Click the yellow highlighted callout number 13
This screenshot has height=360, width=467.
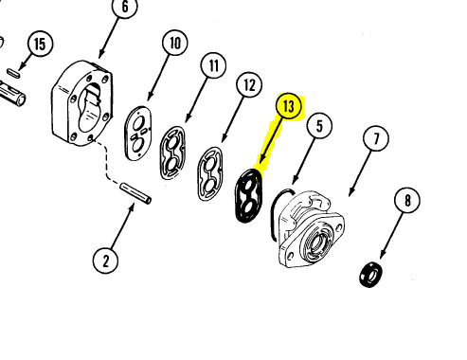[288, 106]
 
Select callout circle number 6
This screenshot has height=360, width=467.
[125, 7]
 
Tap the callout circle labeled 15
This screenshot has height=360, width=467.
[40, 44]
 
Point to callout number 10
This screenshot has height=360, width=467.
[175, 43]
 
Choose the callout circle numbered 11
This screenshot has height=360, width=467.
[213, 65]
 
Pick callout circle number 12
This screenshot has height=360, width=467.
[249, 84]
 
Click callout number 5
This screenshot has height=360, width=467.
[319, 126]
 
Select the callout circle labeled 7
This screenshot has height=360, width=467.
[376, 138]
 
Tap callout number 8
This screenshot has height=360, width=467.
[407, 200]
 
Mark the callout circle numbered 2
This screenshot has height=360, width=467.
[105, 261]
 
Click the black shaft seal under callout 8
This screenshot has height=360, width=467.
[370, 274]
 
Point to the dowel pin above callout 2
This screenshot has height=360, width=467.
[135, 193]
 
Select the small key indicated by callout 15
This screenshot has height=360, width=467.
[14, 73]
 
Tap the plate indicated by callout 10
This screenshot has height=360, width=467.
[138, 134]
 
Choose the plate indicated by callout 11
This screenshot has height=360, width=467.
[172, 153]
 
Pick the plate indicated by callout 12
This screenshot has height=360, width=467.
[210, 173]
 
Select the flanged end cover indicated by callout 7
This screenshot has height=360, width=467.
[311, 229]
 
